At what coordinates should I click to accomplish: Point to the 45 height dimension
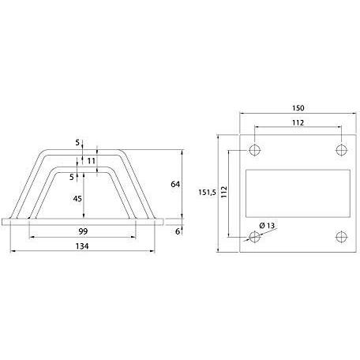coord(77,199)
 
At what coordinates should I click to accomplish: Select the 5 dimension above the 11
coord(78,143)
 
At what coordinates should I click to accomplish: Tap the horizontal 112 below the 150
coord(297,122)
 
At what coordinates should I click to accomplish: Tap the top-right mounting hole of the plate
coord(341,148)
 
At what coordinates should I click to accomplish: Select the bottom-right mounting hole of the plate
coord(341,235)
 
